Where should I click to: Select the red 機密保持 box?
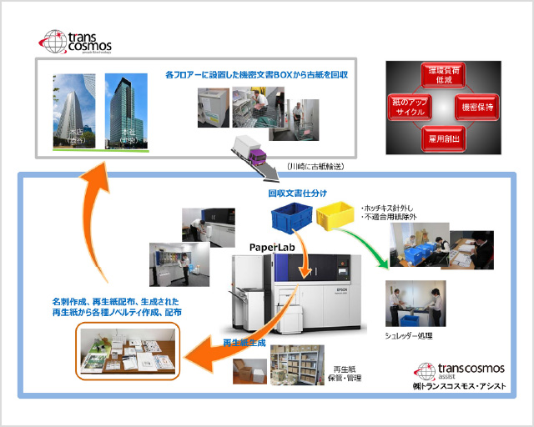(x=477, y=107)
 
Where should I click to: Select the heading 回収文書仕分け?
(x=293, y=191)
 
